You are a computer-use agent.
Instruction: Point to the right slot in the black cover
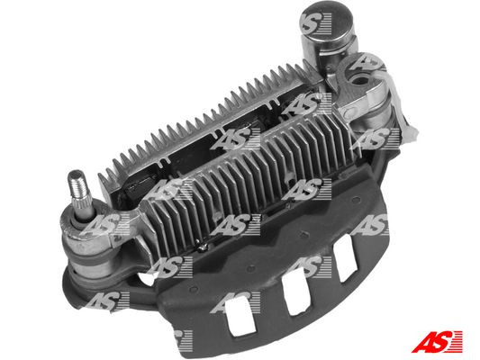(344, 257)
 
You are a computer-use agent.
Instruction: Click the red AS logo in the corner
(437, 341)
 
